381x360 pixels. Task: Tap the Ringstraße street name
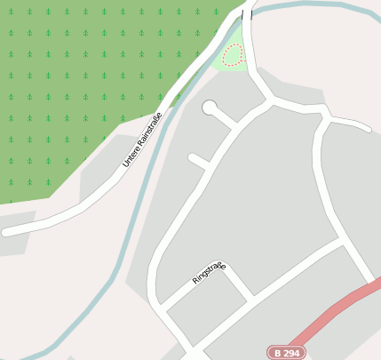coord(209,273)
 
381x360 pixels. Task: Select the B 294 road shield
coord(286,353)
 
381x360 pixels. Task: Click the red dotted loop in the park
coord(233,55)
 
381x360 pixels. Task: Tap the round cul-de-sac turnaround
coord(210,108)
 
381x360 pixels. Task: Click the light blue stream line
coord(133,222)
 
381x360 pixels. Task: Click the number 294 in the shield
coord(291,353)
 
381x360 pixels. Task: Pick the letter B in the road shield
coord(278,353)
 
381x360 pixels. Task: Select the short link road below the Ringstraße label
coord(237,283)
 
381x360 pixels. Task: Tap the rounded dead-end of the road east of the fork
coord(366,127)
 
